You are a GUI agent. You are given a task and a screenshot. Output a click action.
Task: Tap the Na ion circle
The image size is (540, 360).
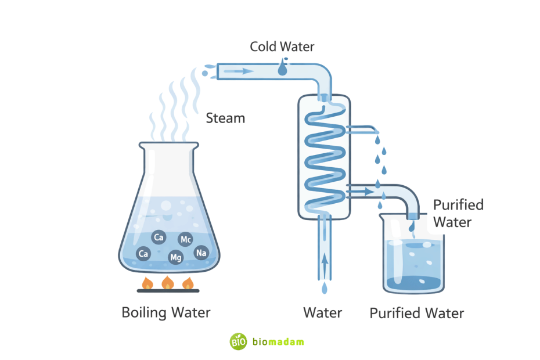click(201, 253)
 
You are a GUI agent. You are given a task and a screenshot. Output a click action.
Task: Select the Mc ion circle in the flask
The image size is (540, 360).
click(186, 239)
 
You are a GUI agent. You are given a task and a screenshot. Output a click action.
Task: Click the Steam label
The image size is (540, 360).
click(225, 118)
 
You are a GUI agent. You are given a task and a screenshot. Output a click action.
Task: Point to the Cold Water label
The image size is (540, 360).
click(282, 46)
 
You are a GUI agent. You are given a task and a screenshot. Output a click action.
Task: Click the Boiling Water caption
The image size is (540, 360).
click(165, 312)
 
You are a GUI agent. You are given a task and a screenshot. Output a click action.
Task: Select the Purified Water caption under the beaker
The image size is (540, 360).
click(416, 314)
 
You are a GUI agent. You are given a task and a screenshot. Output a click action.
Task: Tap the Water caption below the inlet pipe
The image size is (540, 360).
click(323, 313)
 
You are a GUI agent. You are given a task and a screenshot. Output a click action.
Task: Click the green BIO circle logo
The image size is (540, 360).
click(239, 341)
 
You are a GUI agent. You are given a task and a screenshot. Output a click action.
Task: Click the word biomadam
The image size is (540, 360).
click(278, 342)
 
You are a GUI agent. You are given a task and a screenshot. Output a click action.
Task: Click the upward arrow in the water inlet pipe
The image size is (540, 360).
click(324, 260)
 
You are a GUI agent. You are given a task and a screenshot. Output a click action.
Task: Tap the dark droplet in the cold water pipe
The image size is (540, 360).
click(282, 69)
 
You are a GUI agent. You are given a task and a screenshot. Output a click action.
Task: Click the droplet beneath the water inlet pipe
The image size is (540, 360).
click(324, 287)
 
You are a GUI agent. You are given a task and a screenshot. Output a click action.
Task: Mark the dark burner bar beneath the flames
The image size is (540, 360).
click(168, 290)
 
